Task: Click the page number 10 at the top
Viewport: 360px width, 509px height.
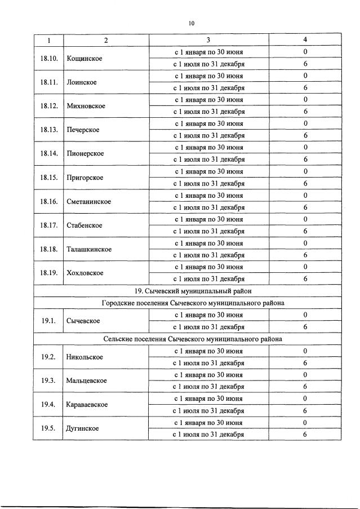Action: click(x=192, y=23)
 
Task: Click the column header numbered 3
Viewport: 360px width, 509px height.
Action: click(x=208, y=40)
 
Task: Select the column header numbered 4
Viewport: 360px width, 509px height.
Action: click(x=305, y=40)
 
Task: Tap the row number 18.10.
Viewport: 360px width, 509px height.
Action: click(x=48, y=58)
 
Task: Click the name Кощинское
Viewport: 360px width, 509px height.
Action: click(x=84, y=58)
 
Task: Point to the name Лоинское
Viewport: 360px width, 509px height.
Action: click(x=82, y=82)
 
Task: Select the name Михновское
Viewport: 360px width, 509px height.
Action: click(x=86, y=106)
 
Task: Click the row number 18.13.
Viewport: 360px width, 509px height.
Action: click(x=48, y=130)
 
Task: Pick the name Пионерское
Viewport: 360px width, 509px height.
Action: click(x=85, y=153)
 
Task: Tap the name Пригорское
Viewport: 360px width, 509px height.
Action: click(x=85, y=178)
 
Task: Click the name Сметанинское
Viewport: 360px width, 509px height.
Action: click(x=88, y=201)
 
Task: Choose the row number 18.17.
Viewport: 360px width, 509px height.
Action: click(x=48, y=225)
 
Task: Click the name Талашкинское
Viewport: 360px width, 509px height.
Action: click(x=89, y=249)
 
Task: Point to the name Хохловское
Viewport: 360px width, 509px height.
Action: click(x=85, y=273)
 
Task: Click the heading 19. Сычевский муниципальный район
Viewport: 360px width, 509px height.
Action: click(x=193, y=291)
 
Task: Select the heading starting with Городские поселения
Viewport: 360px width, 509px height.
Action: click(x=193, y=303)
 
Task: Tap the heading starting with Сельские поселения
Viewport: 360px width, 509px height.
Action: click(x=193, y=339)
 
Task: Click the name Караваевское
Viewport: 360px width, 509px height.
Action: click(x=87, y=404)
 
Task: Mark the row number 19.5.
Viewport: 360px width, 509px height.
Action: click(x=48, y=428)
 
